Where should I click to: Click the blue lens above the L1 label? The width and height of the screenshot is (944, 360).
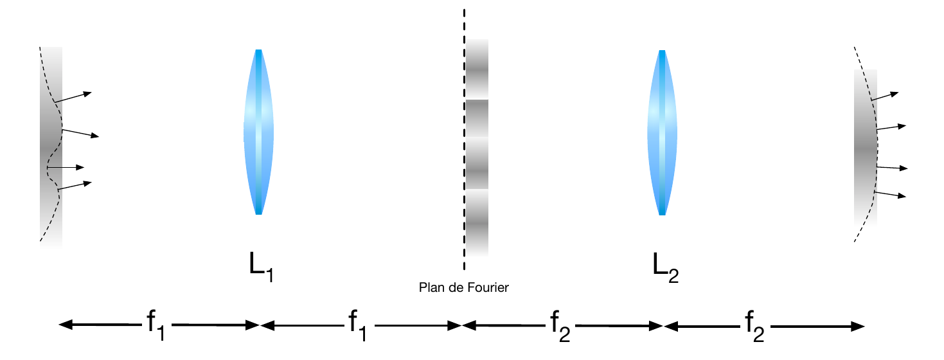(x=258, y=132)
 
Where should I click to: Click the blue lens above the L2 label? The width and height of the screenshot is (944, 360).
(x=662, y=132)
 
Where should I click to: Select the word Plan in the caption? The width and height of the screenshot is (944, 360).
(x=430, y=288)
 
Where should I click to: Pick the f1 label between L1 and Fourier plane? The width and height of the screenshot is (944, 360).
(x=358, y=324)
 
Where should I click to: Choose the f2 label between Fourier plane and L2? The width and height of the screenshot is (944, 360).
(x=560, y=324)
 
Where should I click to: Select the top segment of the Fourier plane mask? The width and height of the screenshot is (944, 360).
(x=477, y=69)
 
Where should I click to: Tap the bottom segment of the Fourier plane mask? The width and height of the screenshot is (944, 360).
(x=477, y=222)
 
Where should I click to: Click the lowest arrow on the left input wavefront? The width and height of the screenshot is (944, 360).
(x=75, y=186)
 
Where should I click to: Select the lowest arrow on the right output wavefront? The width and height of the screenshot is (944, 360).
(x=890, y=194)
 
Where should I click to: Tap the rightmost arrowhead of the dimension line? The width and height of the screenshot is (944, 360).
(x=860, y=325)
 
